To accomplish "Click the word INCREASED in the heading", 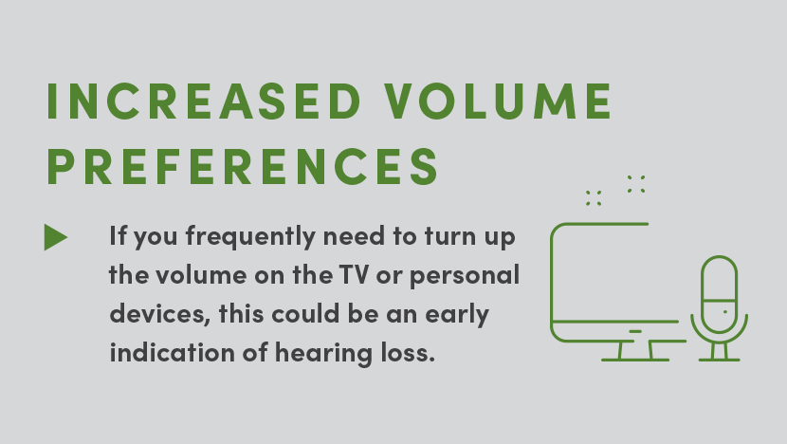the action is pyautogui.click(x=203, y=101).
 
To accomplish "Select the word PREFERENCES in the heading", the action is pyautogui.click(x=243, y=166).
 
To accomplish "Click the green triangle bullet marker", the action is pyautogui.click(x=56, y=237).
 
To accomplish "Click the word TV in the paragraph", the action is pyautogui.click(x=354, y=275).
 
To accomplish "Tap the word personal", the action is pyautogui.click(x=465, y=275).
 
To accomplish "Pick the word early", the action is pyautogui.click(x=457, y=314).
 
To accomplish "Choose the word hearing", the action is pyautogui.click(x=323, y=353).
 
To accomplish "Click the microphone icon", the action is pyautogui.click(x=720, y=308).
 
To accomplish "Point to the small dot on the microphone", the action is pyautogui.click(x=724, y=312).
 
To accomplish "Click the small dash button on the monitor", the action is pyautogui.click(x=635, y=331).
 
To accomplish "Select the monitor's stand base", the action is pyautogui.click(x=635, y=360).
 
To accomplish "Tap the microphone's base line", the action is pyautogui.click(x=720, y=360).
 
